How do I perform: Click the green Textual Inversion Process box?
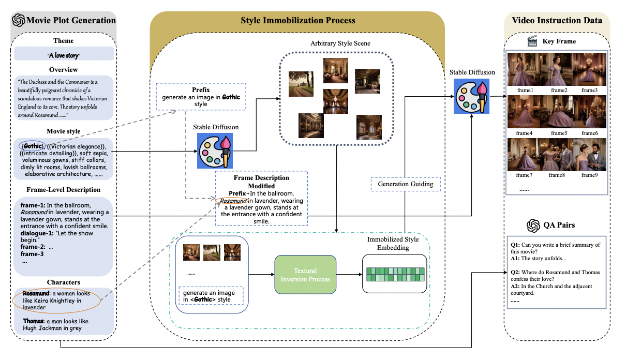tap(305, 275)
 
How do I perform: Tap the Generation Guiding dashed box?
tap(406, 184)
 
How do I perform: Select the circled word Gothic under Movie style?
tap(33, 146)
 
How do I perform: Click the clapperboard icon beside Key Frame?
tap(532, 41)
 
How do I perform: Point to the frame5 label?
tap(559, 133)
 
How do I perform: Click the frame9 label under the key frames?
tap(589, 175)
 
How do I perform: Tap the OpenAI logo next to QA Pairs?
tap(533, 226)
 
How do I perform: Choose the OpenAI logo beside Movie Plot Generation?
tap(19, 20)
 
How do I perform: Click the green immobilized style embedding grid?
tap(395, 274)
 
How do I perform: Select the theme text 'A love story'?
tap(64, 55)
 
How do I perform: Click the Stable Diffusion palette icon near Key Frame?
tap(471, 96)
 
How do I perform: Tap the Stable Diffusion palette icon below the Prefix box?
tap(215, 151)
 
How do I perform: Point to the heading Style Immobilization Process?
tap(298, 20)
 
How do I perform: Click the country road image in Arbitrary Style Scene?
tap(301, 84)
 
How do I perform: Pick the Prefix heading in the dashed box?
tap(201, 89)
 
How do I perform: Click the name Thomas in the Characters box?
tap(33, 321)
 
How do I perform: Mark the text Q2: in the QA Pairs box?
tap(515, 272)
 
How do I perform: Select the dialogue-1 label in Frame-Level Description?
tap(33, 233)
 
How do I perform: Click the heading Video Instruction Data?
tap(557, 20)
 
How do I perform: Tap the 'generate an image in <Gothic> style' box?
tap(211, 296)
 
